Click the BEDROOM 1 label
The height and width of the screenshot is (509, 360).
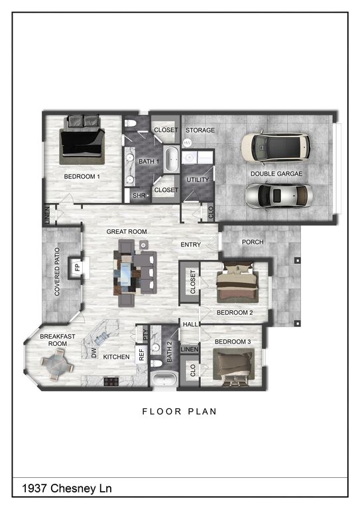[82, 176]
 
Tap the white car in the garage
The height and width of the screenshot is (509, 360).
[275, 148]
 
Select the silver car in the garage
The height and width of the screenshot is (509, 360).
[279, 197]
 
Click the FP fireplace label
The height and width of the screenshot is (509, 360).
[78, 268]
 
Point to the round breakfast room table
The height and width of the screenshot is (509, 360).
[57, 365]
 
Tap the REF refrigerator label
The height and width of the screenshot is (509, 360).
[141, 355]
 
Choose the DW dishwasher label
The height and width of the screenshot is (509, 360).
[94, 353]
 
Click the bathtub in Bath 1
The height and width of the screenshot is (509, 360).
[171, 160]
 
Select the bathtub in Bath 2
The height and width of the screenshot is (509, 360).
[164, 380]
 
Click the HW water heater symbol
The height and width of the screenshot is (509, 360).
[188, 143]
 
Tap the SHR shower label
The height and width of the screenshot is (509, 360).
[139, 196]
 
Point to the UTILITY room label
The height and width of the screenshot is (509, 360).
[198, 180]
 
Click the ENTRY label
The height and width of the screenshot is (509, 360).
[190, 245]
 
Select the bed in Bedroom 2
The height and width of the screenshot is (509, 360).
[237, 283]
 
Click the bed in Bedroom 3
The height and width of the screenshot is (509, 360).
[233, 367]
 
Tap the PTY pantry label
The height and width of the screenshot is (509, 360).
[145, 335]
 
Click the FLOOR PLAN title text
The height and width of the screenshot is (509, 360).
[180, 412]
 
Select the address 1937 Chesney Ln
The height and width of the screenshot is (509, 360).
[67, 488]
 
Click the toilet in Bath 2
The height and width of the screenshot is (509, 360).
[156, 363]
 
